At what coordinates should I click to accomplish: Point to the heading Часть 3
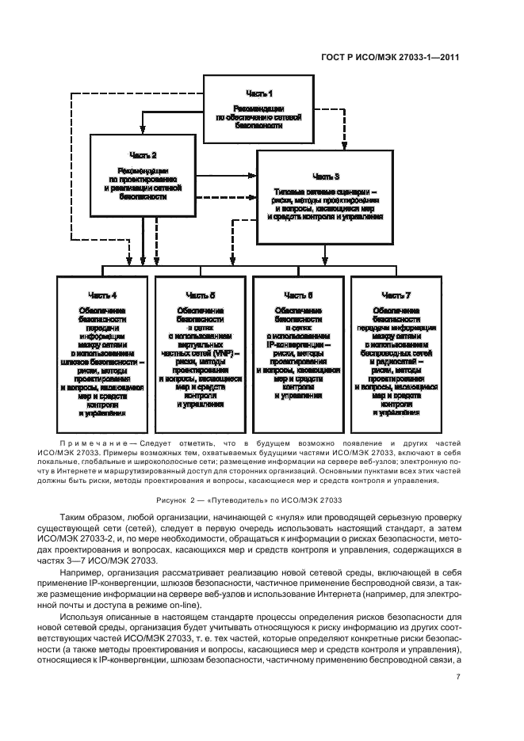326,176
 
